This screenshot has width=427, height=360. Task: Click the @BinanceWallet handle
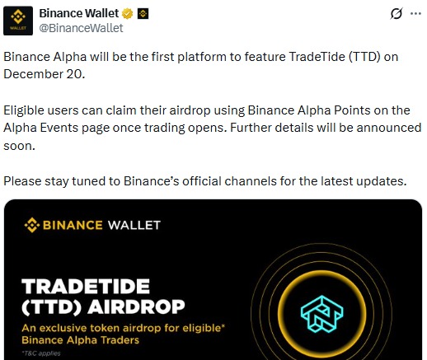(82, 28)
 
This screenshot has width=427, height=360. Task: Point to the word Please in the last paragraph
(23, 181)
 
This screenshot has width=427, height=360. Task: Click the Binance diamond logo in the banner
(32, 224)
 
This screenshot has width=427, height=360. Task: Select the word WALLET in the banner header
(132, 224)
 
